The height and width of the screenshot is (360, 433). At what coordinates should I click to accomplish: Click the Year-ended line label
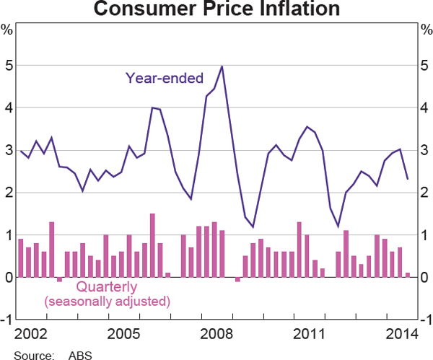[x=165, y=77]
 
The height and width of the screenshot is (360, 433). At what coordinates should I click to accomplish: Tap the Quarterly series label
[x=107, y=286]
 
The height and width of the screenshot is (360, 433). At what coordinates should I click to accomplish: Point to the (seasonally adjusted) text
[x=107, y=300]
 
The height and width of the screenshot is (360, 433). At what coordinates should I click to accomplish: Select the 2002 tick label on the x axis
[x=30, y=334]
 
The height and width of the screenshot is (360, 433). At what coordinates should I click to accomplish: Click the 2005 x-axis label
[x=123, y=334]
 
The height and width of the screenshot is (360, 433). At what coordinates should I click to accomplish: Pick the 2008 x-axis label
[x=216, y=334]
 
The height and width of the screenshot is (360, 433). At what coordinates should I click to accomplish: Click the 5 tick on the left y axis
[x=7, y=66]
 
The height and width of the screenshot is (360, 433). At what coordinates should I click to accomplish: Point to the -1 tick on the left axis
[x=6, y=320]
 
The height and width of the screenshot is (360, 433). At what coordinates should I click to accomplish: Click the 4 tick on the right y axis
[x=425, y=108]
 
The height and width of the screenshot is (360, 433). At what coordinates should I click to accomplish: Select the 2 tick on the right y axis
[x=425, y=193]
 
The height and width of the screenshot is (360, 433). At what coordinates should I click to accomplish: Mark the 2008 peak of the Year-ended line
[x=222, y=66]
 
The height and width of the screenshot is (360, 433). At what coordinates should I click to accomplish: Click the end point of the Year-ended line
[x=408, y=179]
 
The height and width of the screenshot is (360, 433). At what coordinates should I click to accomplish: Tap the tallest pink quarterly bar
[x=152, y=245]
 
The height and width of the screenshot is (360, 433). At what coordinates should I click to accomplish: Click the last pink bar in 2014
[x=408, y=275]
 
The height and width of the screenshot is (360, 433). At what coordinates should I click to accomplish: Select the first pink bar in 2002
[x=21, y=258]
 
